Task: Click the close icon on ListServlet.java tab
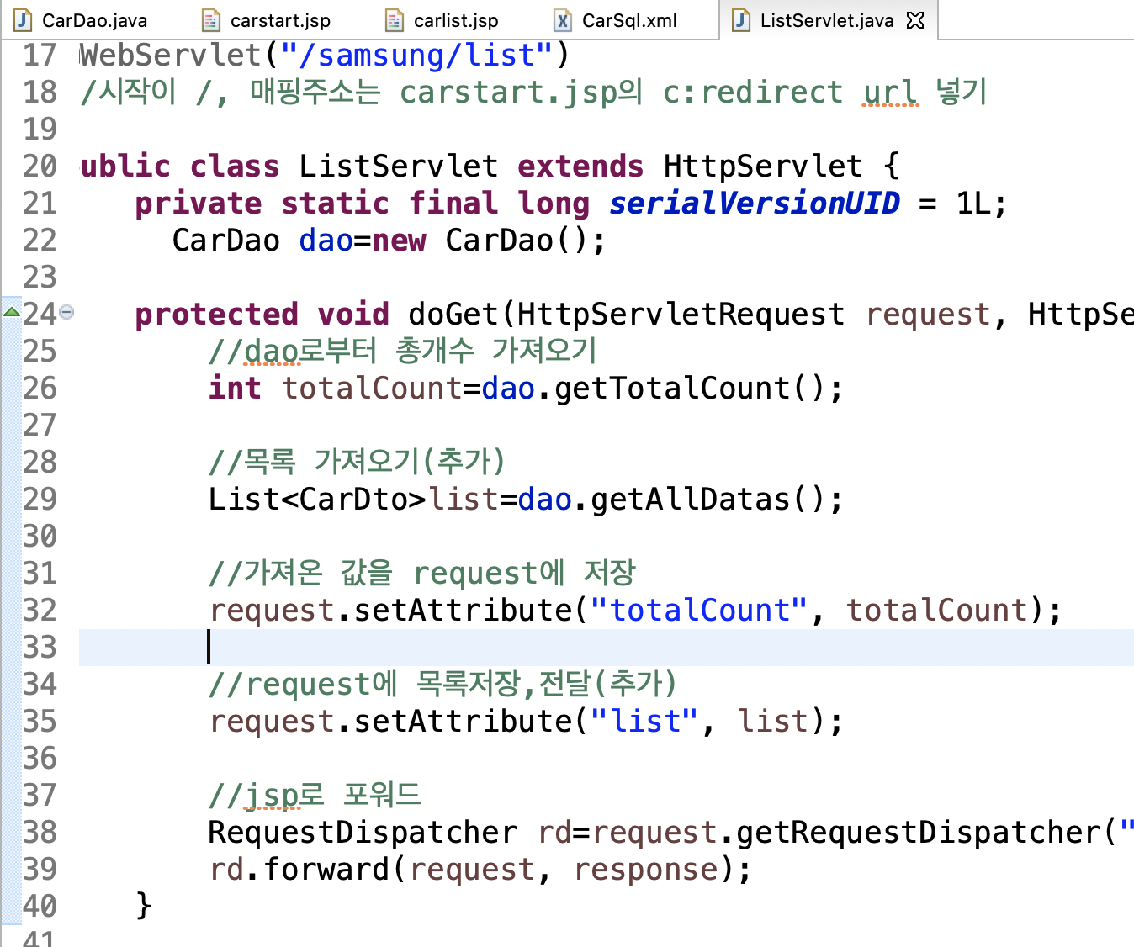(x=915, y=20)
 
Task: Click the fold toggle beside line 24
(x=67, y=313)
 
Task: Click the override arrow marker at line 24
(x=12, y=313)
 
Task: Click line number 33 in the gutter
(x=40, y=647)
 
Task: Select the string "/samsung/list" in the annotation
(x=416, y=56)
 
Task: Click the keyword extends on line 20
(x=580, y=166)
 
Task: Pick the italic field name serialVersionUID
(x=754, y=203)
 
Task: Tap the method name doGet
(x=453, y=314)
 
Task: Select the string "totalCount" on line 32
(x=698, y=610)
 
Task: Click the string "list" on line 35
(x=644, y=721)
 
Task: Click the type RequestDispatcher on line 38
(x=363, y=832)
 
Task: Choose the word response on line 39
(x=646, y=869)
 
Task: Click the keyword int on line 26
(x=235, y=388)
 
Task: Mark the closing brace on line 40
(x=144, y=906)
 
